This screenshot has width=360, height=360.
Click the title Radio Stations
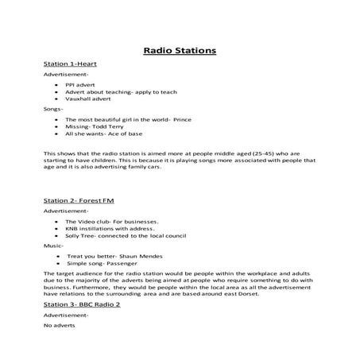[x=180, y=51]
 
